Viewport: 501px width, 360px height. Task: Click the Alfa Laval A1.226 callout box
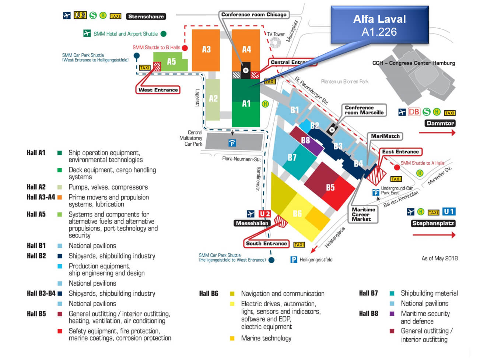[379, 25]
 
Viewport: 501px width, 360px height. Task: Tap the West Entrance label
[158, 90]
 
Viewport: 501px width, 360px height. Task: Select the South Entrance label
[266, 244]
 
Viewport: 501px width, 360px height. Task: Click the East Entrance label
[400, 152]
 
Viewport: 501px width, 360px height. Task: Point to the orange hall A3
[206, 50]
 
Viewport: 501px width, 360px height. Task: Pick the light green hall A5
[171, 62]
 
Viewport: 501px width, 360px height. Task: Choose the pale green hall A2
[213, 99]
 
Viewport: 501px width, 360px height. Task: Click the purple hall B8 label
[305, 140]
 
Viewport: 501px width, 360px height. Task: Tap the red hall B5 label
[330, 187]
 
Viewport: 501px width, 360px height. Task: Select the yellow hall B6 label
[297, 213]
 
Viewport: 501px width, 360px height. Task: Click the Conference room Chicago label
[253, 15]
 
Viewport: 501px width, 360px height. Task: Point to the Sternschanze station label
[146, 17]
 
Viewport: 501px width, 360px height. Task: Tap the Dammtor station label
[440, 123]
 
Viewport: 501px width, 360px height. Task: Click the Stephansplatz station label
[433, 223]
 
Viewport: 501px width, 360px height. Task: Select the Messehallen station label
[252, 223]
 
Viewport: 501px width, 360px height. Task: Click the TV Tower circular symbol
[275, 43]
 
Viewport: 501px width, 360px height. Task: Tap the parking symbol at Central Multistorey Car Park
[232, 143]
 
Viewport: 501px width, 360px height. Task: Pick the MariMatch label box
[385, 136]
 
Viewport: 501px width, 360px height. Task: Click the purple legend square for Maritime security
[392, 314]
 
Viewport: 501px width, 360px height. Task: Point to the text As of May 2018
[439, 258]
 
